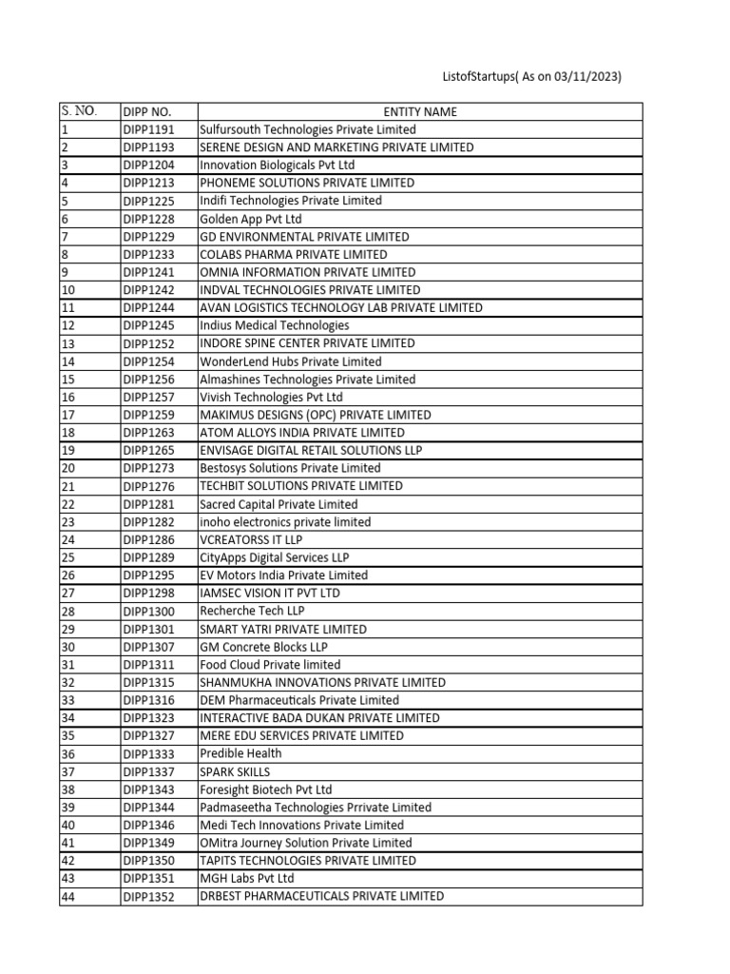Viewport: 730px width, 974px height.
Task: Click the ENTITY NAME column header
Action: tap(420, 111)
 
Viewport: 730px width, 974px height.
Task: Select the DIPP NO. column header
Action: tap(146, 111)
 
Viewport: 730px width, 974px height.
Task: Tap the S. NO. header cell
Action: tap(78, 110)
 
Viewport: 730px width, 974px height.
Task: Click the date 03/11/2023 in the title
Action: tap(586, 77)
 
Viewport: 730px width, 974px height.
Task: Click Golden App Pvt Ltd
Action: tap(250, 219)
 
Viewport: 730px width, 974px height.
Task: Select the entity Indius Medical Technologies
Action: tap(274, 325)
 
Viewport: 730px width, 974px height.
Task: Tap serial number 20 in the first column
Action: tap(67, 468)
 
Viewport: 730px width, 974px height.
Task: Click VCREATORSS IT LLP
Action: tap(250, 539)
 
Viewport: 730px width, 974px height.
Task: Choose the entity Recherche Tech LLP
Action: tap(252, 611)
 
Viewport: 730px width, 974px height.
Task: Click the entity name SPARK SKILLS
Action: tap(235, 771)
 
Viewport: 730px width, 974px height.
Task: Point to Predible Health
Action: tap(240, 753)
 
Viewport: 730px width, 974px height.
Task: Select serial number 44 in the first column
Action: tap(67, 896)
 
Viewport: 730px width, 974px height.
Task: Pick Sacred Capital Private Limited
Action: tap(279, 504)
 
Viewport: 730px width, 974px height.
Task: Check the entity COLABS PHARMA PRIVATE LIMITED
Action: tap(293, 255)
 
